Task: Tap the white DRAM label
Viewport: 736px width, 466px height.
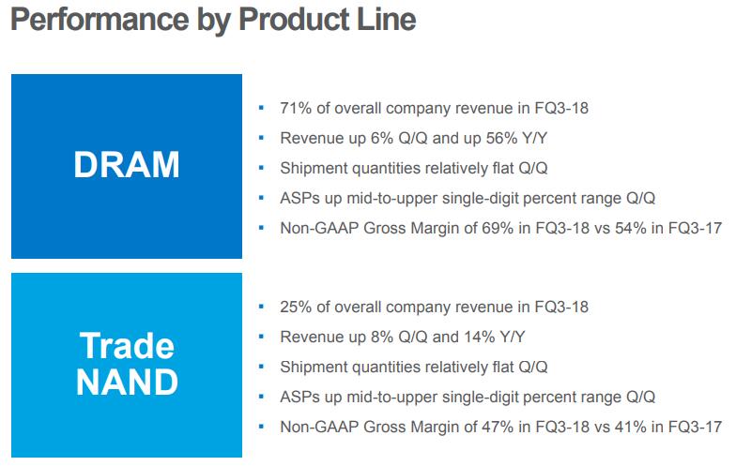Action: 127,166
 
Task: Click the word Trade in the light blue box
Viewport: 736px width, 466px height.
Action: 127,346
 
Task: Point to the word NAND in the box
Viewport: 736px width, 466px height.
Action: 127,383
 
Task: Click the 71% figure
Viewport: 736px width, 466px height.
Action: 296,108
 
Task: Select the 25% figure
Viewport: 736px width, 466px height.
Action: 296,307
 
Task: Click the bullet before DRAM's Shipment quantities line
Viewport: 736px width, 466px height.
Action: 259,168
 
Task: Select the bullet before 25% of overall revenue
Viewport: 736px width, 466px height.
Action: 259,307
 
